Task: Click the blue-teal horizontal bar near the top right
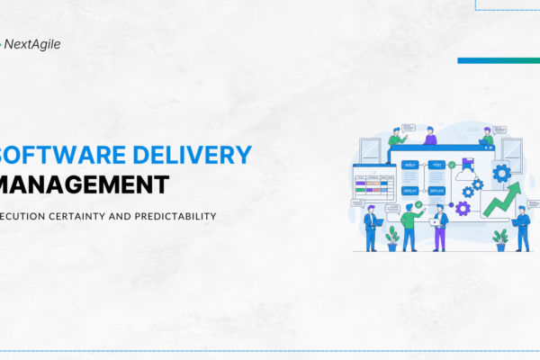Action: [x=498, y=60]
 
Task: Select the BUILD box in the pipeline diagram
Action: [x=409, y=166]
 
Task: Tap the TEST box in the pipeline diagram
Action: [x=436, y=166]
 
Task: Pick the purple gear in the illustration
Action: [x=463, y=208]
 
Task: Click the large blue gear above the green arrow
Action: [x=501, y=172]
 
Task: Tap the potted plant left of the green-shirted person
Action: [x=392, y=237]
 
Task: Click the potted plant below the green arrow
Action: [x=499, y=238]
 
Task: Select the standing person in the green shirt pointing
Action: [x=410, y=226]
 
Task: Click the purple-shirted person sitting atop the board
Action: [x=430, y=136]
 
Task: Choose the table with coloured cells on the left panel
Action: [x=373, y=186]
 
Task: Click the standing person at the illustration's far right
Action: [x=522, y=229]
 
